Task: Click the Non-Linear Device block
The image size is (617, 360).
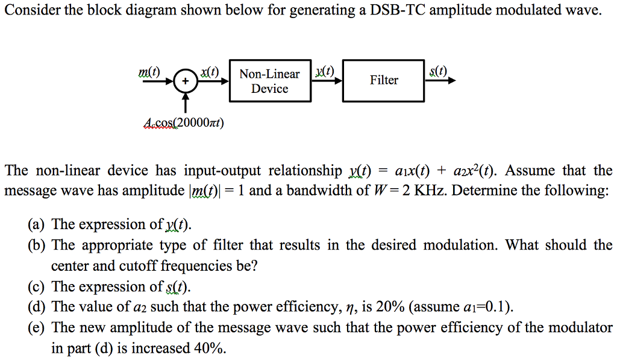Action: pyautogui.click(x=269, y=81)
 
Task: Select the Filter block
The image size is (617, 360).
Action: pyautogui.click(x=383, y=80)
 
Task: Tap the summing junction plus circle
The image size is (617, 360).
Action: pyautogui.click(x=186, y=81)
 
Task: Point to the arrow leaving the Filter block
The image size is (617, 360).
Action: pyautogui.click(x=440, y=81)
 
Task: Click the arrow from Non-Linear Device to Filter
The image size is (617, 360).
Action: pyautogui.click(x=327, y=81)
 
